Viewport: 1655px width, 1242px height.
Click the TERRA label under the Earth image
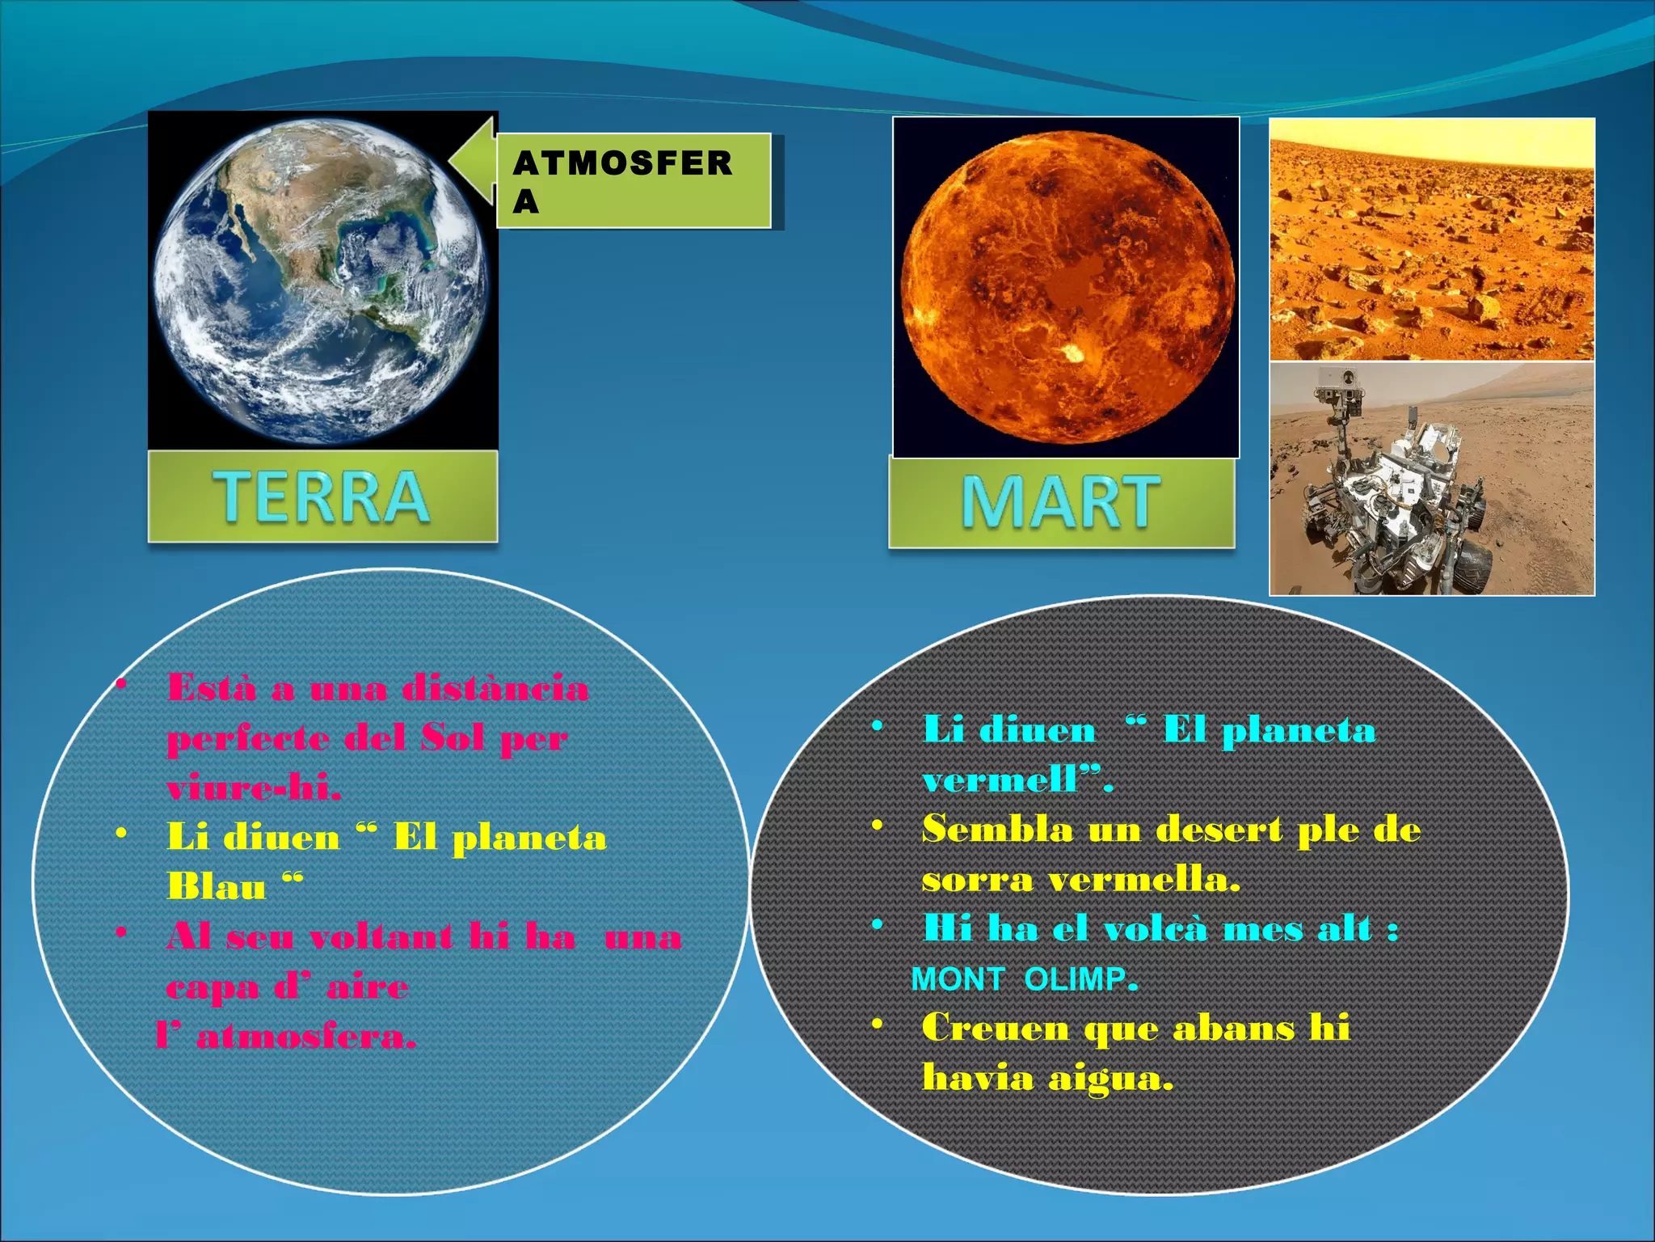[x=322, y=496]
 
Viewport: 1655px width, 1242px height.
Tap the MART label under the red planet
[x=1061, y=502]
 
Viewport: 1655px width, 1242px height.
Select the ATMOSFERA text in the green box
[x=622, y=180]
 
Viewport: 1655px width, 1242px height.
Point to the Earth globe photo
[x=322, y=279]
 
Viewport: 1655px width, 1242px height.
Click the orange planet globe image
[x=1067, y=287]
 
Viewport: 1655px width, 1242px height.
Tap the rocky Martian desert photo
[x=1432, y=239]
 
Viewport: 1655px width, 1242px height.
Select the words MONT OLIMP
[x=1023, y=979]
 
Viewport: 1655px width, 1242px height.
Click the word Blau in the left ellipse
[x=217, y=887]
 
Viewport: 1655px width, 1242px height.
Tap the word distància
[x=495, y=688]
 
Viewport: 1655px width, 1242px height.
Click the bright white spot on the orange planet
[x=1074, y=353]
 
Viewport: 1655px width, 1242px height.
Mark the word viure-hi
[x=254, y=787]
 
